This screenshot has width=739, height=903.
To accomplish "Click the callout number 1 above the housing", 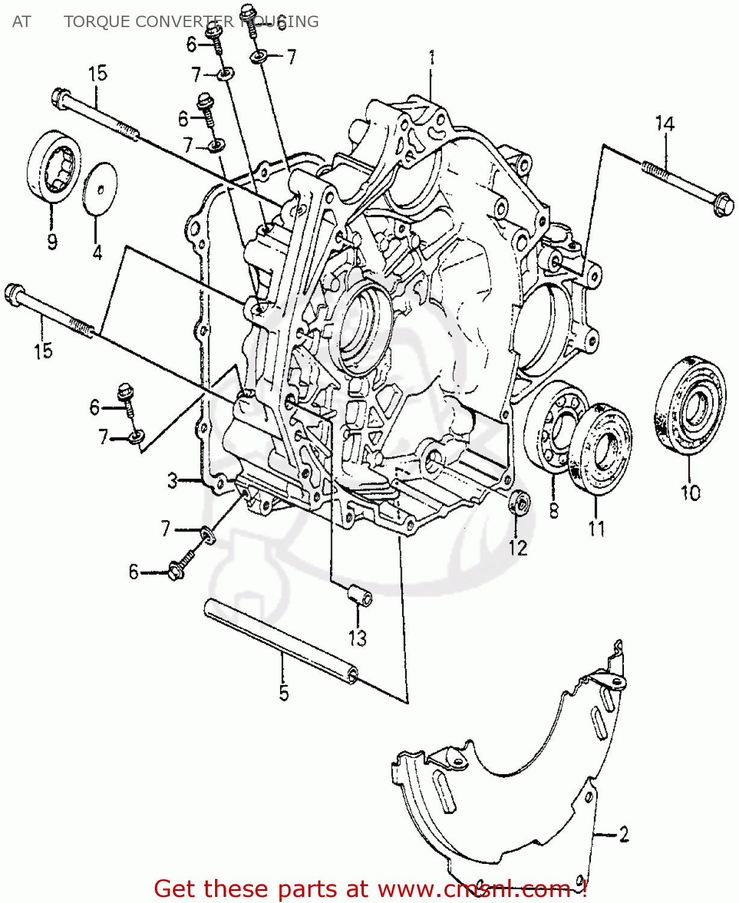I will tap(431, 58).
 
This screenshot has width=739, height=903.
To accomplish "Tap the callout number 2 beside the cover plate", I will tap(623, 834).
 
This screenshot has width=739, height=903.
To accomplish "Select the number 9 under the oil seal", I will tap(52, 242).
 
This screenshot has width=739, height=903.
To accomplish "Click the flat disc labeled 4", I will tap(100, 188).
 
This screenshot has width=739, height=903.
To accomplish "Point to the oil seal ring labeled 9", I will tap(53, 164).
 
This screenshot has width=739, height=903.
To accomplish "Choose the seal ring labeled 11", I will tap(600, 448).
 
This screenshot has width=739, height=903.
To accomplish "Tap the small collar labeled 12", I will tap(519, 503).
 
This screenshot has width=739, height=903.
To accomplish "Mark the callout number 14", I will tap(664, 124).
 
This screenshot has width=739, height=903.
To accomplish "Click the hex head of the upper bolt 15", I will tap(60, 98).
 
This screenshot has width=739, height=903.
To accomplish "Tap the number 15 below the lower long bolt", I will tap(43, 351).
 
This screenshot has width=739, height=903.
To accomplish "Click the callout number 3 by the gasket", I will tap(173, 481).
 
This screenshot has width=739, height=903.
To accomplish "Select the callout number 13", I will tap(357, 638).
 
